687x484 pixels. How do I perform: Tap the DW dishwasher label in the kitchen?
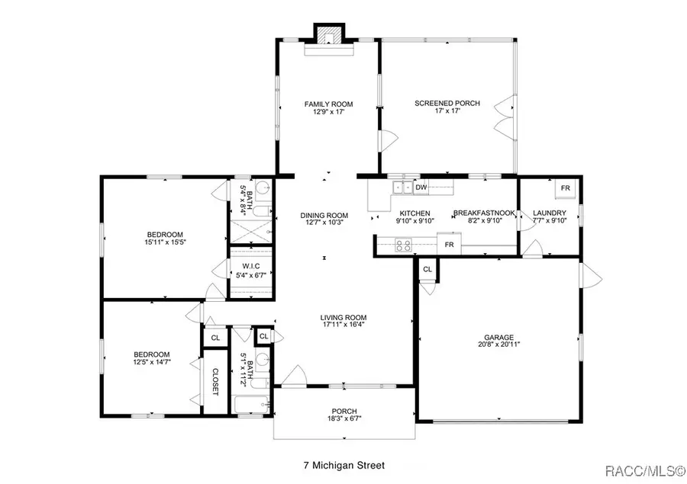coord(421,188)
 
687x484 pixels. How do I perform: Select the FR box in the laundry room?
coord(565,188)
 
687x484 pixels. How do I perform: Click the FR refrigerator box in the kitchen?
coord(450,245)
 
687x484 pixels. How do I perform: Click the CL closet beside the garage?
coord(427,269)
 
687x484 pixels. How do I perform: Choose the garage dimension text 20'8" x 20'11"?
coord(498,344)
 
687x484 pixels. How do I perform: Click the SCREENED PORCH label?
coord(447,103)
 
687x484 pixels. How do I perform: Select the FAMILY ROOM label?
coord(328,104)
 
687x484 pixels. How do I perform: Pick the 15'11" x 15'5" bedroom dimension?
coord(165,242)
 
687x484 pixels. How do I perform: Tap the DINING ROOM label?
coord(324,215)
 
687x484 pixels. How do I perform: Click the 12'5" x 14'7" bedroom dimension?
coord(153,362)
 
